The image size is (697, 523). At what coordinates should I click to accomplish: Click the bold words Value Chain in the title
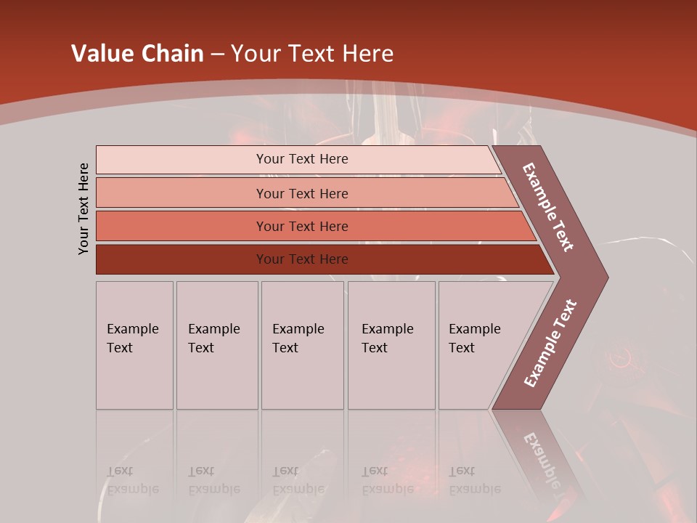[137, 54]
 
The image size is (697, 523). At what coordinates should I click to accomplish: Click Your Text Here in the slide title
[312, 54]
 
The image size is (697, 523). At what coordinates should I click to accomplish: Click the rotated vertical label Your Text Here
[83, 208]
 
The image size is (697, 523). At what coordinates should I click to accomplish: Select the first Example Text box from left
[134, 345]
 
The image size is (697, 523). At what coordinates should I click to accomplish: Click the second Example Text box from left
[217, 345]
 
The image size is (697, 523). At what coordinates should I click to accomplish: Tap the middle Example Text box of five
[302, 345]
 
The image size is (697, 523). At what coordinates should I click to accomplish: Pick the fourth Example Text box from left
[391, 345]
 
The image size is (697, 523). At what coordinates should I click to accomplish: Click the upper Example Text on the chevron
[548, 207]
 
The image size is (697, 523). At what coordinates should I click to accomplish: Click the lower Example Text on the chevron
[550, 344]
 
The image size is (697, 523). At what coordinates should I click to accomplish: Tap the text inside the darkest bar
[302, 259]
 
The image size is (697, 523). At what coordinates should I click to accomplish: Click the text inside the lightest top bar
[302, 159]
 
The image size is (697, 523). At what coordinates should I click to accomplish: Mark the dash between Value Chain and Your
[217, 54]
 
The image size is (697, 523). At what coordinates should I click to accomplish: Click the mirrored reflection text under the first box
[132, 480]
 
